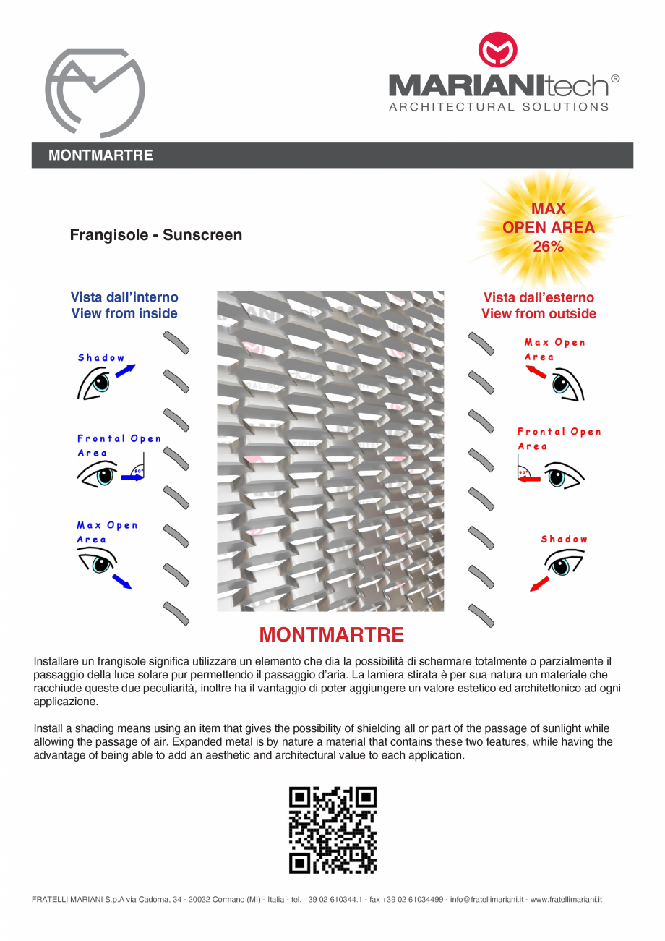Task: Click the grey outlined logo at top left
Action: pos(95,93)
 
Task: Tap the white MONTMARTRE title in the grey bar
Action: pos(100,156)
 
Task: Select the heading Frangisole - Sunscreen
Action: pos(155,235)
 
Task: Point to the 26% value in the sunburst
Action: pos(548,247)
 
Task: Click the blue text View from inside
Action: pos(124,313)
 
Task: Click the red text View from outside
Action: pos(539,313)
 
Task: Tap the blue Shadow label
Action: pos(101,358)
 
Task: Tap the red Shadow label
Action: pos(564,539)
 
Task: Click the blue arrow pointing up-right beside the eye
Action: pos(125,371)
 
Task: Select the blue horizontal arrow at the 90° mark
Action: pos(132,477)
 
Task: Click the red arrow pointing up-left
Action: pos(536,372)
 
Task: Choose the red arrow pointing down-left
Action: pos(539,584)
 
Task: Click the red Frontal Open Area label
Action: pos(559,438)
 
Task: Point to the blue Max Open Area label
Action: pos(107,532)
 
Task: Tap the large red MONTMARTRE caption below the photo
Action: pos(331,635)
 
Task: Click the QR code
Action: pos(332,830)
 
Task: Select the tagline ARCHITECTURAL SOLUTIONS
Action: pos(499,107)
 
